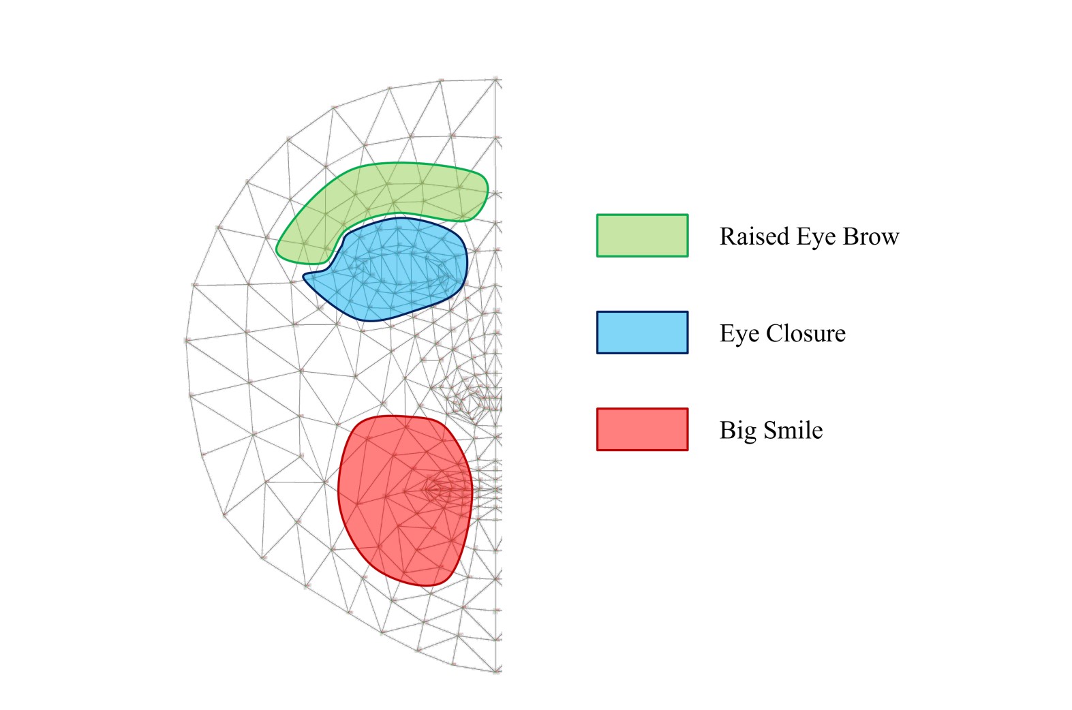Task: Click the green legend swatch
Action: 642,236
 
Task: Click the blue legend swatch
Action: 642,333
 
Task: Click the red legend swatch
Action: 642,429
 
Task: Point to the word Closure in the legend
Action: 806,333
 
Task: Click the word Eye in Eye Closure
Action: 739,333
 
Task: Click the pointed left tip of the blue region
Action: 305,277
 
